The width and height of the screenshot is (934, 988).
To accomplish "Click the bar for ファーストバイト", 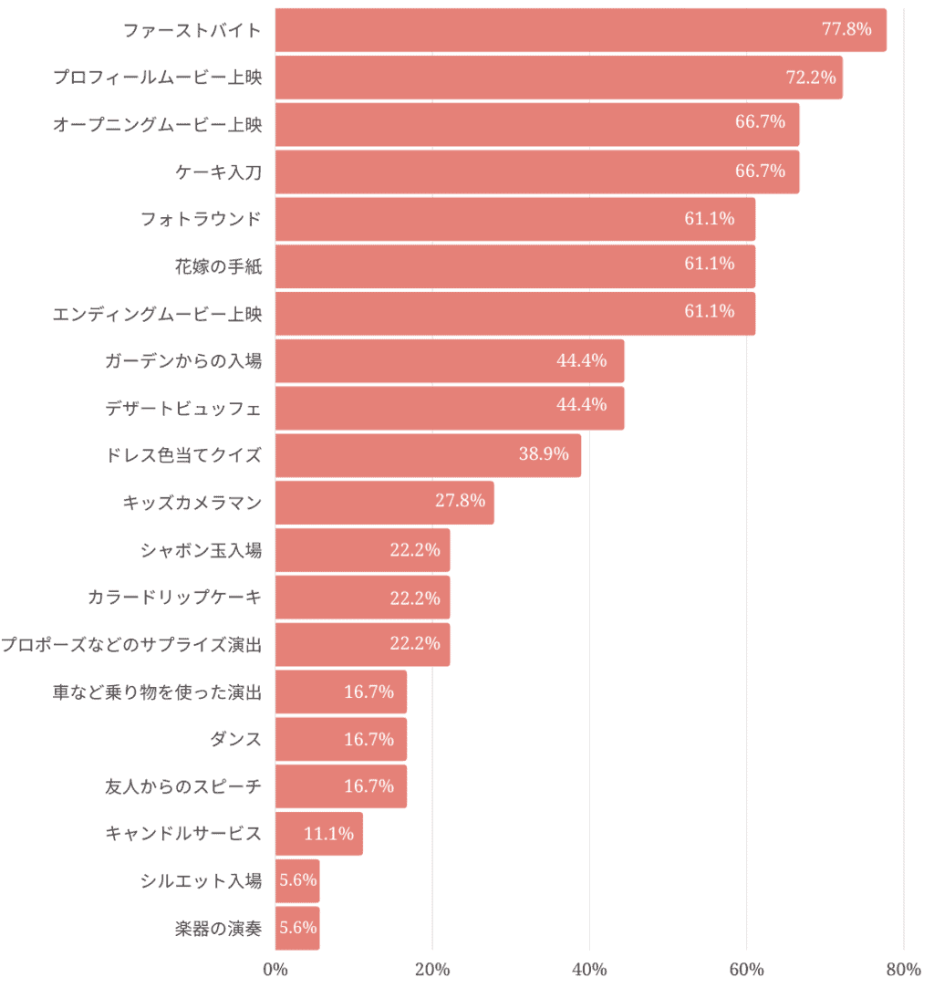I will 580,30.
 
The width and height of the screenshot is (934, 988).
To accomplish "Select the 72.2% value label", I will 811,78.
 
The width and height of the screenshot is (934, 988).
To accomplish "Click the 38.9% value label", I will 544,453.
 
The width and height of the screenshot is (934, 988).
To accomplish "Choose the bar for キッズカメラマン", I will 384,503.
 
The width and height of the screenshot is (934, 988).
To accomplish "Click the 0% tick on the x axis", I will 275,969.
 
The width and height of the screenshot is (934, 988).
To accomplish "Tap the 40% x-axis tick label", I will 589,969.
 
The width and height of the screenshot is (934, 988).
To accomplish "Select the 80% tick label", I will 903,969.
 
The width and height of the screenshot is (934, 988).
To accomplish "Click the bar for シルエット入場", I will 297,881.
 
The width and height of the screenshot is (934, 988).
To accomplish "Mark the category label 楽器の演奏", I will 218,929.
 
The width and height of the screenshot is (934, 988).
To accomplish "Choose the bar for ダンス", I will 340,739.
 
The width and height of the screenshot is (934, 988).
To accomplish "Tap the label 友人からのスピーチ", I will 183,786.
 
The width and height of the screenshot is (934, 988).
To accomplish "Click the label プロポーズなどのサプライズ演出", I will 131,645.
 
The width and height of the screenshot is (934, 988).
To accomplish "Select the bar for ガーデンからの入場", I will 449,361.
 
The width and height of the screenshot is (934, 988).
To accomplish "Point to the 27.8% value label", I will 460,500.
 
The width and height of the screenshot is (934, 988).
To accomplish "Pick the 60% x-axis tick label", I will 746,969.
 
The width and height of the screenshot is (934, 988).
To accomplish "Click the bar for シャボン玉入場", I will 362,550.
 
